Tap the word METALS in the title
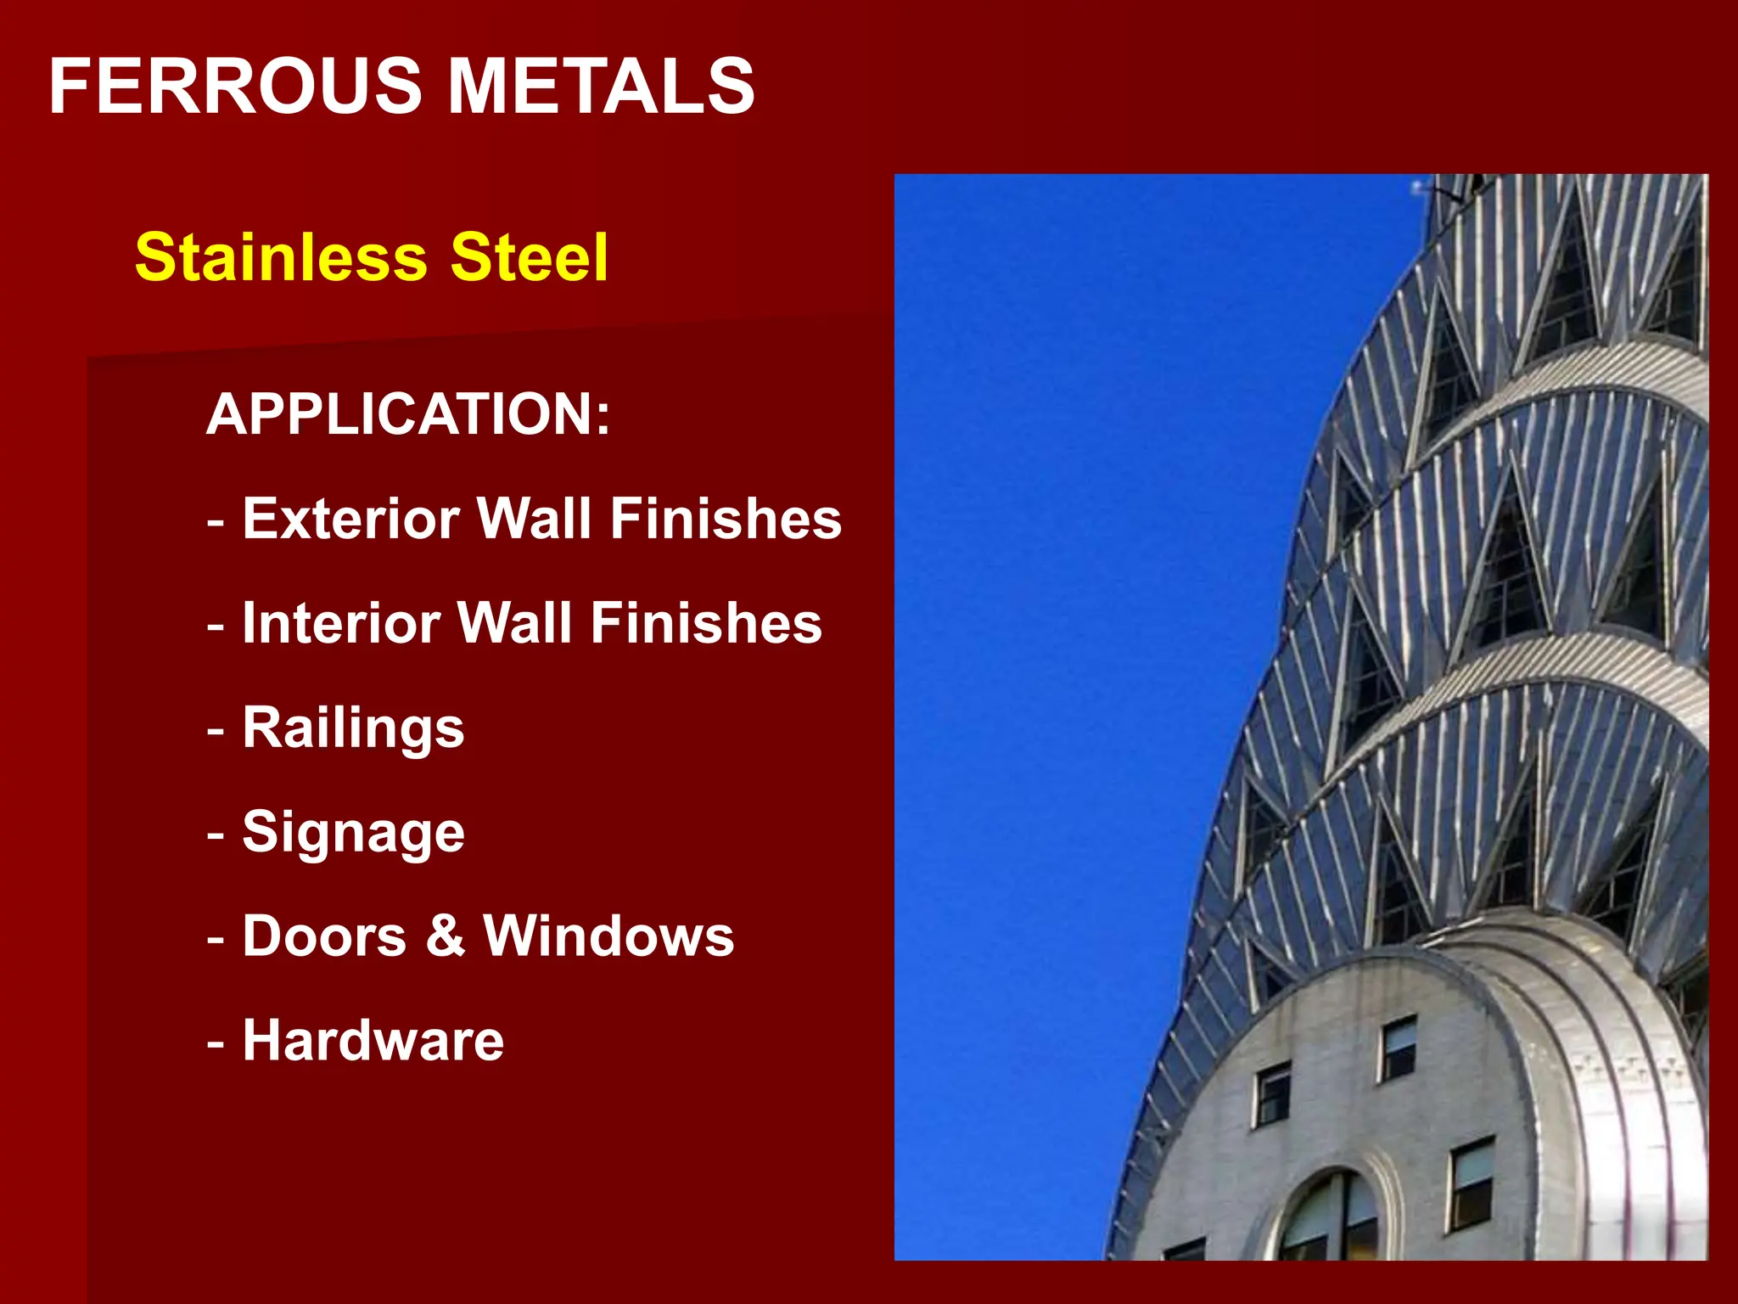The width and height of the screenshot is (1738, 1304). tap(601, 86)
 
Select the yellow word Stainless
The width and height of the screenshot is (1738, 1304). tap(281, 257)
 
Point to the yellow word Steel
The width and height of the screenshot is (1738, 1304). tap(529, 257)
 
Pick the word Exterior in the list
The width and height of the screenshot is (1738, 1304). tap(350, 519)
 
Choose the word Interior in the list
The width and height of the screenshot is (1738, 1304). tap(340, 623)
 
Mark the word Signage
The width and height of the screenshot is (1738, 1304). tap(353, 833)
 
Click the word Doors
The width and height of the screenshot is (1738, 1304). tap(324, 936)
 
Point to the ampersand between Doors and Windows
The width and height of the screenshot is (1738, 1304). tap(446, 936)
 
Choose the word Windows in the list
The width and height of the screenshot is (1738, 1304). tap(608, 936)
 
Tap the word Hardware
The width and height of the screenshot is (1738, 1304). tap(373, 1041)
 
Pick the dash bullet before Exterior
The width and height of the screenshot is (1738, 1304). tap(216, 520)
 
